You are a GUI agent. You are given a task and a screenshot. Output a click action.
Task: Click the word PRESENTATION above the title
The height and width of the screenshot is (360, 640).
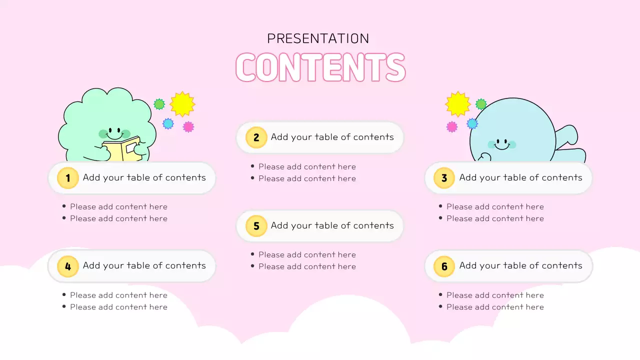(x=318, y=38)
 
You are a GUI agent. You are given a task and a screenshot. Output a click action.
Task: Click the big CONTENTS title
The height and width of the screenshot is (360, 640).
(x=320, y=67)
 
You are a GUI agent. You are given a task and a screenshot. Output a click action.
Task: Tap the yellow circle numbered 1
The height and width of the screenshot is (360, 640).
(x=67, y=178)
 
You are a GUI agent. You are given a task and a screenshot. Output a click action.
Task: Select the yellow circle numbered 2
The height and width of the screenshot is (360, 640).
(x=256, y=137)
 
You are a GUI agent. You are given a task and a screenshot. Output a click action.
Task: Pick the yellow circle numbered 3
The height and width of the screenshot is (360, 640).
(x=444, y=178)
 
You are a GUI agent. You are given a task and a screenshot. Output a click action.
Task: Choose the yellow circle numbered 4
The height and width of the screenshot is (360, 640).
(x=67, y=266)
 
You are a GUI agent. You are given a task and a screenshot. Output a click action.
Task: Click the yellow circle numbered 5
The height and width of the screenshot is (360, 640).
(x=256, y=226)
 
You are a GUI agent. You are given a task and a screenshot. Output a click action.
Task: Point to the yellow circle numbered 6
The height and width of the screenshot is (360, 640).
(x=444, y=266)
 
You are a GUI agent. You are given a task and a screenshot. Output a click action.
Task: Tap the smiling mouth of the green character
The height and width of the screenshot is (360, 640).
(x=114, y=136)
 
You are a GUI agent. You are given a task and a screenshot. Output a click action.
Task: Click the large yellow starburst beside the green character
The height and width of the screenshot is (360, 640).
(x=182, y=104)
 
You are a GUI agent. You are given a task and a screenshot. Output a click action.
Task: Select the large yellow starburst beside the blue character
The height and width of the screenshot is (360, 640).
(x=457, y=104)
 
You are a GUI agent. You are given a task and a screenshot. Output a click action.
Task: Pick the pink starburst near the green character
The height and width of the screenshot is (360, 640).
(x=188, y=126)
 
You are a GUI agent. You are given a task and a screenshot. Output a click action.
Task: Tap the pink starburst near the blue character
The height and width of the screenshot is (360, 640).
(x=451, y=126)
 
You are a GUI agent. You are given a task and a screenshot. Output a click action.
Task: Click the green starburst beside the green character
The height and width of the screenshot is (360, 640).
(x=159, y=104)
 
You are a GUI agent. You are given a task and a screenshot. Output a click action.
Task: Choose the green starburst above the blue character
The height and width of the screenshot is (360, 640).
(x=481, y=104)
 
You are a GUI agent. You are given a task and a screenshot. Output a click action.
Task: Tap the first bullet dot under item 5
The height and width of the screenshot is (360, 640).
(x=252, y=254)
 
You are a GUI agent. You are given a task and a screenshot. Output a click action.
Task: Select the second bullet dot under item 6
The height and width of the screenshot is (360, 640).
(x=440, y=306)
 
